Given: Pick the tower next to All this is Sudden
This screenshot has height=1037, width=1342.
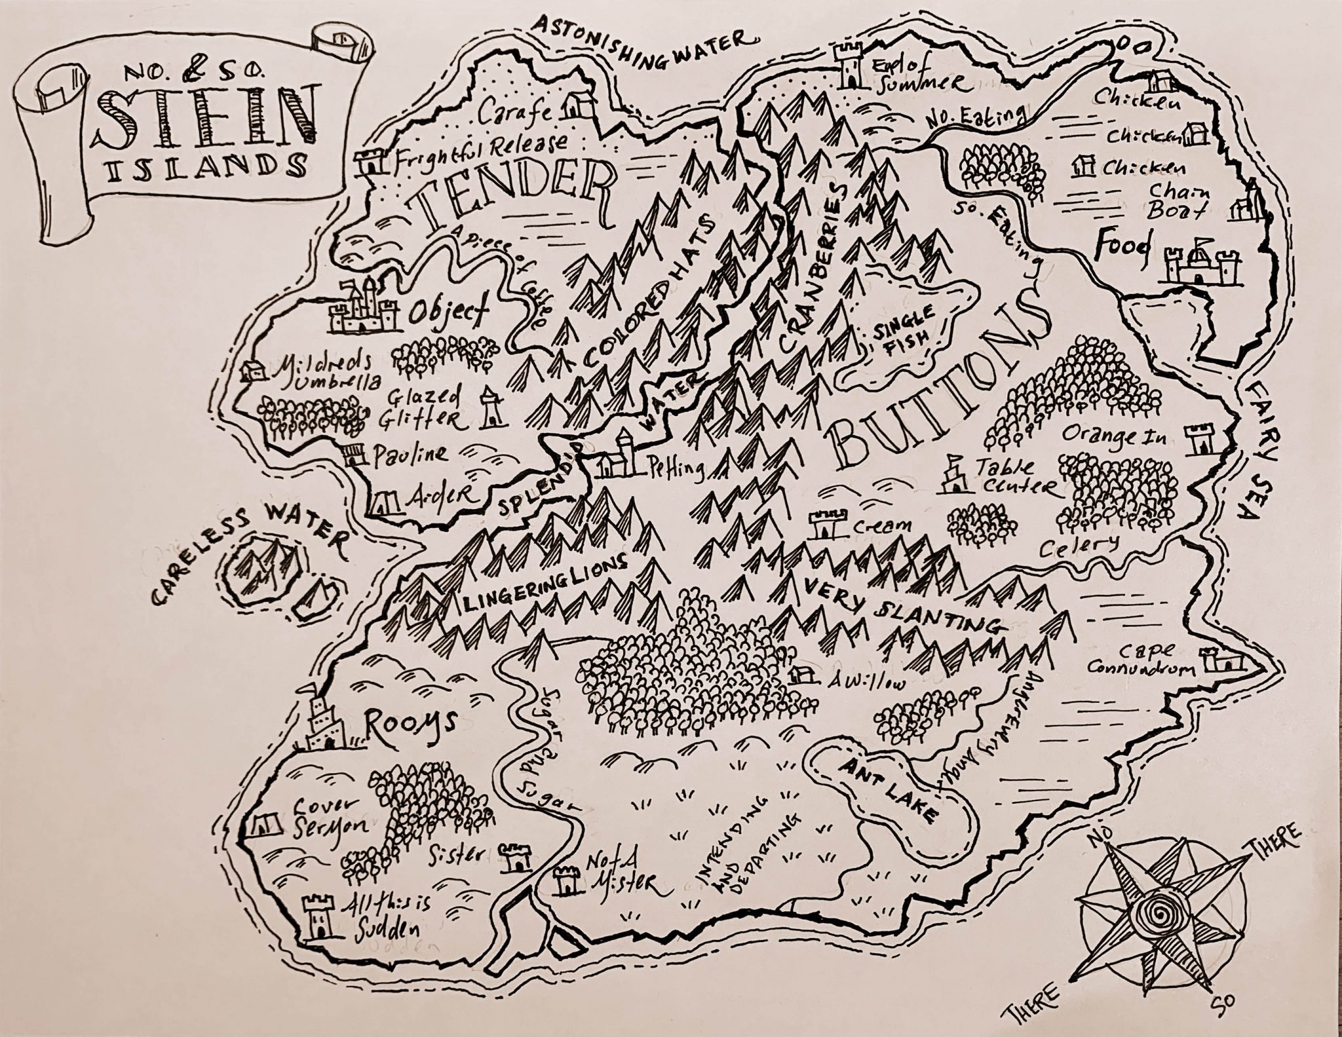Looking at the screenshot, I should pyautogui.click(x=318, y=917).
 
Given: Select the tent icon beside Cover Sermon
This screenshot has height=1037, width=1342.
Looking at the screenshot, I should pyautogui.click(x=265, y=824).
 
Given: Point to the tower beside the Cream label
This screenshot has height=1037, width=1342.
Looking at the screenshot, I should pyautogui.click(x=822, y=525).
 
